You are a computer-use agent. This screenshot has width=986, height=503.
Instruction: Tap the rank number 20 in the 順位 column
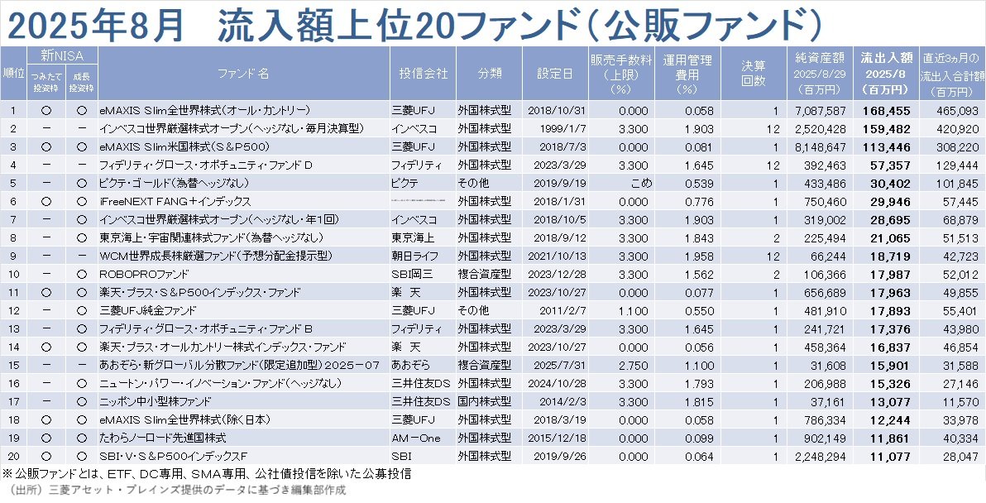(12, 456)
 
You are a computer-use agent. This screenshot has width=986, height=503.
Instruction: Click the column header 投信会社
(423, 74)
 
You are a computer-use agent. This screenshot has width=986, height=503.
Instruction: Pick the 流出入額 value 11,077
(888, 456)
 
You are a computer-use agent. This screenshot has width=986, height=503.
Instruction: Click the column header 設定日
(555, 74)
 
